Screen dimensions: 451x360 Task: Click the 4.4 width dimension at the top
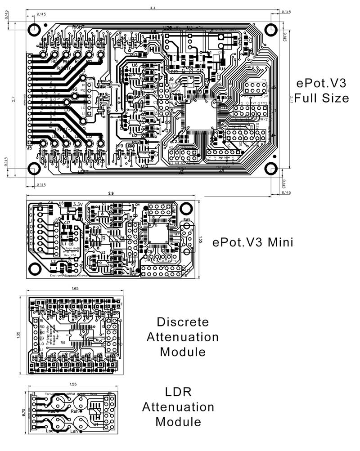pos(153,8)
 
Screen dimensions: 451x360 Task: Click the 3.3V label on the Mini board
pos(79,204)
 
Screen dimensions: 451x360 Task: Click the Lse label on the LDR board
pos(49,430)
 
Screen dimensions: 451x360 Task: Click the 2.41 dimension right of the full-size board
pos(293,98)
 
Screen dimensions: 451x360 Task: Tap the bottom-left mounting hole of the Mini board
pos(34,269)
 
